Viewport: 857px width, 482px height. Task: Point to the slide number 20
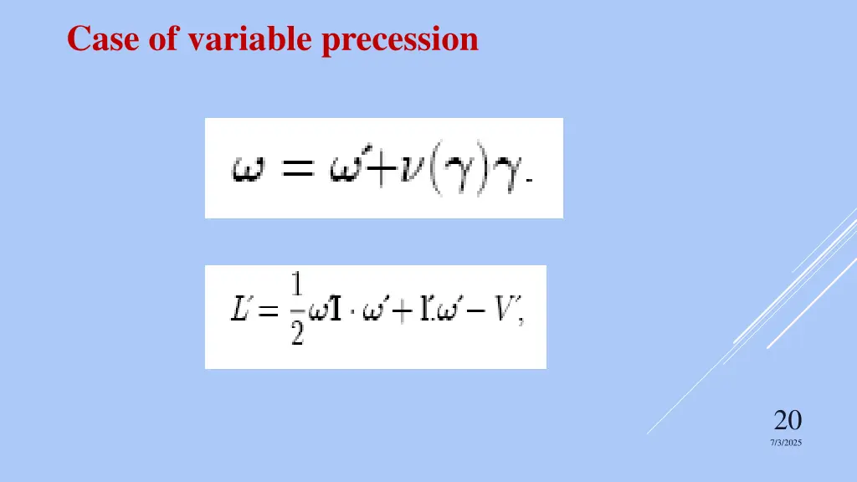pos(788,419)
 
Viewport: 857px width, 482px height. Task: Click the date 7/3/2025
pos(786,443)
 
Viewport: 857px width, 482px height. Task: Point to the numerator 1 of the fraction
pos(295,289)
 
